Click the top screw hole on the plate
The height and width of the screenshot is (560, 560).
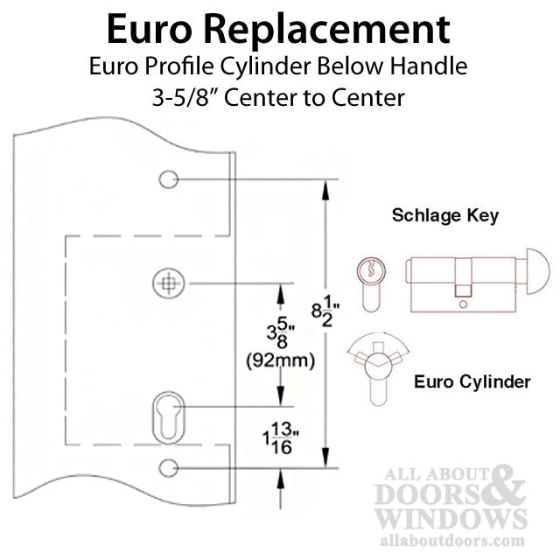(169, 178)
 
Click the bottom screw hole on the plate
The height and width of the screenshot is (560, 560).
(169, 468)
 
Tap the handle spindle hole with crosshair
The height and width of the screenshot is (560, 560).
(169, 283)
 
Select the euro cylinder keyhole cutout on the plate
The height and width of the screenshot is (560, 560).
(169, 418)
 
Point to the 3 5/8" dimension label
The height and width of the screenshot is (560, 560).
(281, 332)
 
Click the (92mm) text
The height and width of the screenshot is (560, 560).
(281, 360)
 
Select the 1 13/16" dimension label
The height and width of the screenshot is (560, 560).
(281, 438)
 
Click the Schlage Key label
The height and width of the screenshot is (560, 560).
(445, 216)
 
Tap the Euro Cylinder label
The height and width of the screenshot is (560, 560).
(472, 381)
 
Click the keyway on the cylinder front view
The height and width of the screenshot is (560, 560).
(371, 269)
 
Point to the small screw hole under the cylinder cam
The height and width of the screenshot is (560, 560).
(463, 304)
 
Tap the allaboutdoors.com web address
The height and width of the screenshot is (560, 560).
(452, 540)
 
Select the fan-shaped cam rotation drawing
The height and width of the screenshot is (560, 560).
(379, 367)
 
